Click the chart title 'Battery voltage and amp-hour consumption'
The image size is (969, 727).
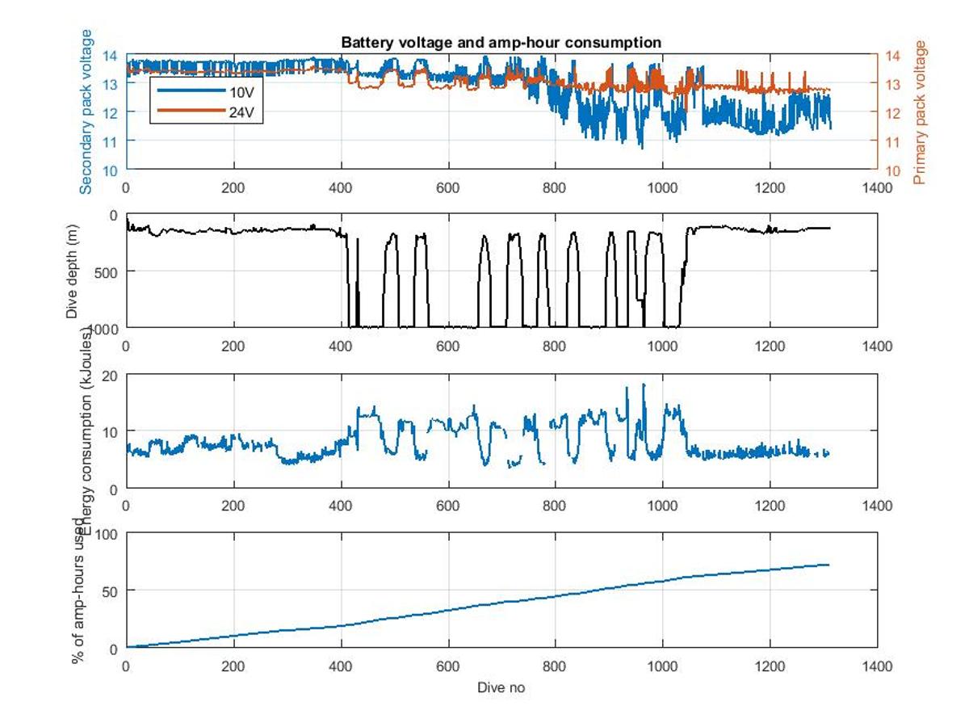pos(501,42)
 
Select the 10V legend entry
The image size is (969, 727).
pos(241,92)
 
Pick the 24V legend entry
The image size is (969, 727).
pos(241,111)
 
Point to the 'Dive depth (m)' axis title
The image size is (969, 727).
pos(72,271)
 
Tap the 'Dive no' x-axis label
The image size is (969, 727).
pos(501,687)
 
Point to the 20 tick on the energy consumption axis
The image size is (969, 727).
pos(110,376)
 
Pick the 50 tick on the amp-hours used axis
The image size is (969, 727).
pos(110,590)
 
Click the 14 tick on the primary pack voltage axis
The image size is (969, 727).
pos(892,56)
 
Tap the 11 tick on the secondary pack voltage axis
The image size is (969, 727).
pos(110,141)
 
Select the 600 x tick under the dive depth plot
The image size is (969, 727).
pos(447,346)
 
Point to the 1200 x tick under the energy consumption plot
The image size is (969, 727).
pos(770,506)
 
